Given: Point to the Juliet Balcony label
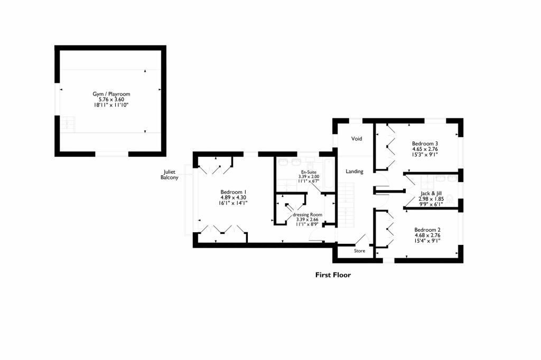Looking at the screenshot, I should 170,175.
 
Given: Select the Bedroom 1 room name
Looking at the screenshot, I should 234,192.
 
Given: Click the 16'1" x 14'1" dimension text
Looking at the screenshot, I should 234,203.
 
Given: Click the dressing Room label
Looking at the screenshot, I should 307,215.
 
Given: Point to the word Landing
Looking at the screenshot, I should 354,172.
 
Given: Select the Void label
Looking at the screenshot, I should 357,139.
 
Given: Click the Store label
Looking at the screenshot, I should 359,251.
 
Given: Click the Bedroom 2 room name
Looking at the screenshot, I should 427,230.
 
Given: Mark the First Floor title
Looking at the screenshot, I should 333,274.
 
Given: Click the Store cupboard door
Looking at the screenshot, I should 364,240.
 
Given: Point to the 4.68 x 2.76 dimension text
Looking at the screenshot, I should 427,235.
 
